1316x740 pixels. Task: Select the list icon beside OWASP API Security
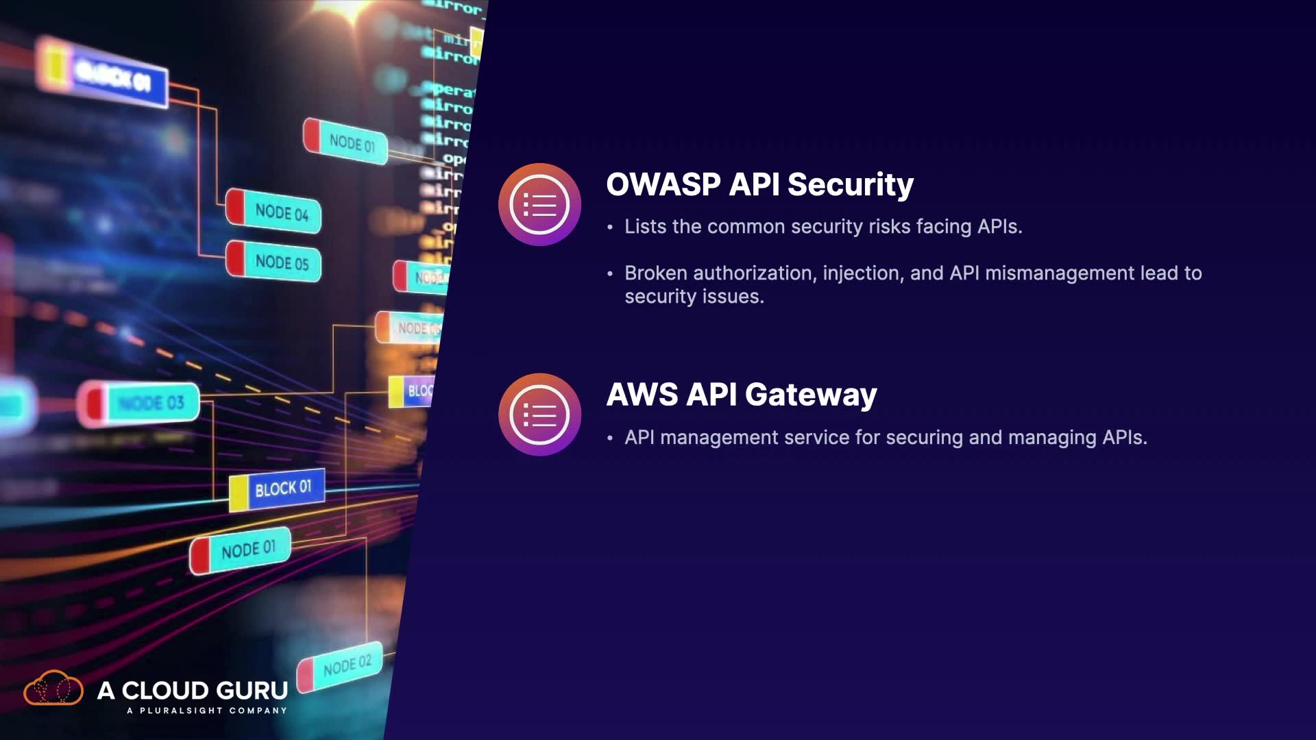click(x=540, y=204)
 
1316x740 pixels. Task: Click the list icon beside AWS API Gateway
click(x=540, y=415)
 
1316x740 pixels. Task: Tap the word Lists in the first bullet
click(x=646, y=227)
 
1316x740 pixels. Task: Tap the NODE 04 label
click(x=281, y=212)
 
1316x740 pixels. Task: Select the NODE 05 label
click(x=281, y=262)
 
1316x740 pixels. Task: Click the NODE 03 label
click(x=151, y=403)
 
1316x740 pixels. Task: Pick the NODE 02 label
click(x=347, y=665)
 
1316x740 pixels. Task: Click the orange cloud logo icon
click(x=53, y=688)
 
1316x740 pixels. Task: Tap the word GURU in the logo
click(x=250, y=690)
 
